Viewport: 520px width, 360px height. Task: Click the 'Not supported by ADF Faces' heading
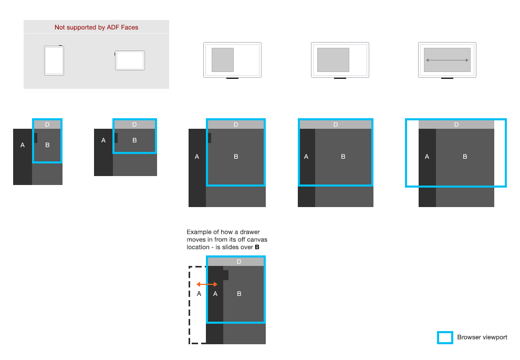[96, 27]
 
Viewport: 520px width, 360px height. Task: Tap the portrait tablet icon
[54, 60]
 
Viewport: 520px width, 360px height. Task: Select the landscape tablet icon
[130, 60]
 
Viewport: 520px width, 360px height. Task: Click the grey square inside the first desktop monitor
[223, 60]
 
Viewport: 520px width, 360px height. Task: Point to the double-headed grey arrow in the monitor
[447, 60]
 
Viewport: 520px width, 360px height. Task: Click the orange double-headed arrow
[207, 284]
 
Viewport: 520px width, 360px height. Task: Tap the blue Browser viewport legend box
[445, 337]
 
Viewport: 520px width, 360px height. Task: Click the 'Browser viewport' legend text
[482, 337]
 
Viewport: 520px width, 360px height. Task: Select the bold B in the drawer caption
[257, 247]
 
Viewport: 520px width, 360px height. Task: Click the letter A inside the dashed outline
[199, 294]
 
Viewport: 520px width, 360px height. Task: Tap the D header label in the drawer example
[239, 262]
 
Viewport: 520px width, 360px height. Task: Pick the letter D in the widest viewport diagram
[456, 125]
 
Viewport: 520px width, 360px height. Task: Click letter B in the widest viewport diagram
[465, 157]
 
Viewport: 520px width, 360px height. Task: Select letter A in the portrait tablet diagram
[23, 145]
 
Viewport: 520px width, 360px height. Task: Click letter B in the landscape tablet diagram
[134, 140]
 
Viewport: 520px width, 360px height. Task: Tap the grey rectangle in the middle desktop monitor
[334, 60]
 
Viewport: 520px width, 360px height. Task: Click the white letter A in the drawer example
[215, 294]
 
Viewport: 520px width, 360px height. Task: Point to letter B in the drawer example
[239, 294]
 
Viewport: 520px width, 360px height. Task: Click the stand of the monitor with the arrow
[447, 78]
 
